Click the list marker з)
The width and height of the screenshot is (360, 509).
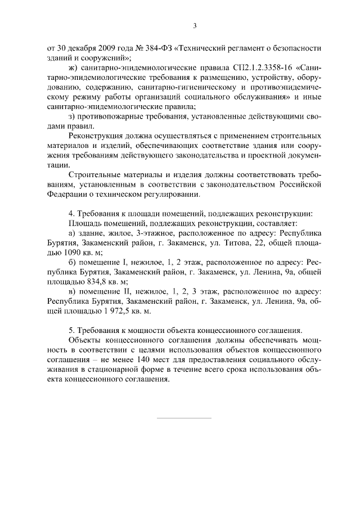71,117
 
